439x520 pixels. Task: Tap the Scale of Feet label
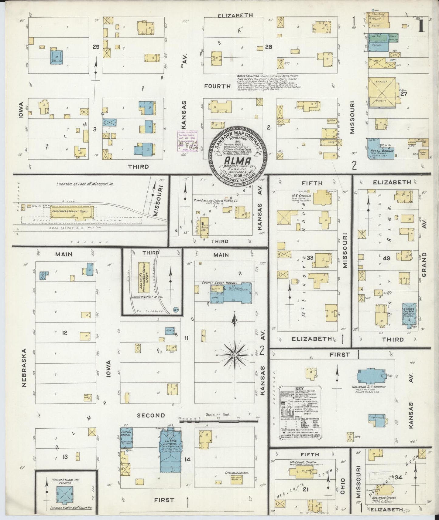[218, 414]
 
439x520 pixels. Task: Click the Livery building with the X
[382, 92]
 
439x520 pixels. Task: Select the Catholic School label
[237, 473]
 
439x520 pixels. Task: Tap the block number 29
[96, 47]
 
